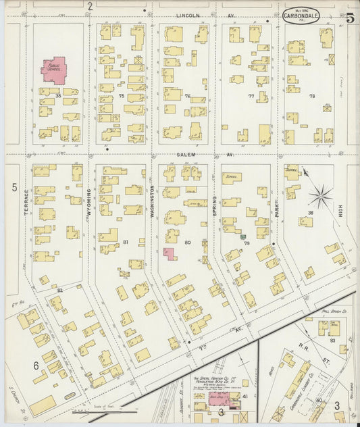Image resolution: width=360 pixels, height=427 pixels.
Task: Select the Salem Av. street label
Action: click(x=186, y=155)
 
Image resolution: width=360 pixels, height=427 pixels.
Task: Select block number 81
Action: click(x=126, y=242)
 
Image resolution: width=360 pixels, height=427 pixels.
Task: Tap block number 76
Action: click(x=188, y=96)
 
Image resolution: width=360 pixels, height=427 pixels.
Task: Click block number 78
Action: click(x=311, y=96)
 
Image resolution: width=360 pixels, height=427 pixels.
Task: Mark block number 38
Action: click(x=311, y=213)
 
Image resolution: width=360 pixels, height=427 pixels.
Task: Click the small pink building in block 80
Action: click(x=169, y=254)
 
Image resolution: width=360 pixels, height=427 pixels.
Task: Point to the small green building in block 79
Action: click(x=242, y=236)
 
